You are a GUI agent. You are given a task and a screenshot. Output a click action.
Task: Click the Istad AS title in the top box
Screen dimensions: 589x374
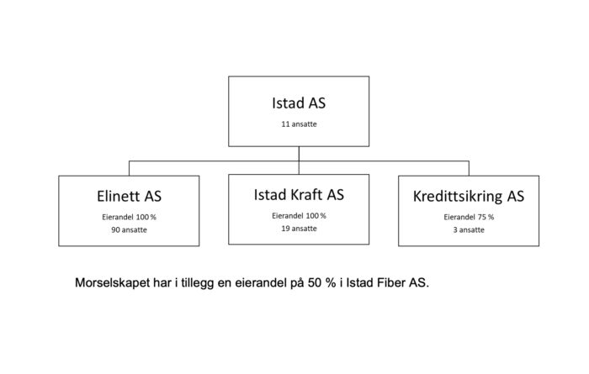[x=299, y=103]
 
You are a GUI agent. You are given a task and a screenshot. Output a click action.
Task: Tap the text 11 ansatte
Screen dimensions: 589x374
[x=299, y=124]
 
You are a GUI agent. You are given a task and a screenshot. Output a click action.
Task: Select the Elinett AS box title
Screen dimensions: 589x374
[x=129, y=196]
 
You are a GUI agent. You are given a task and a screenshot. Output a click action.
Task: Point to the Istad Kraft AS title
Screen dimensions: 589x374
[x=299, y=195]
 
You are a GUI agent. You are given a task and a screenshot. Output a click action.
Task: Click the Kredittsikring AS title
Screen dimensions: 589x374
[x=469, y=196]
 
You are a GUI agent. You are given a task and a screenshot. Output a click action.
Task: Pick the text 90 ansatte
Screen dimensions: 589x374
[x=129, y=230]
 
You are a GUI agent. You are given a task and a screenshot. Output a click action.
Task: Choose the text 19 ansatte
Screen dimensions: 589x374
[x=299, y=229]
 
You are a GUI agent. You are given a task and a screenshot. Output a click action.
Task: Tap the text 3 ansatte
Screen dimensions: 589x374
[x=469, y=230]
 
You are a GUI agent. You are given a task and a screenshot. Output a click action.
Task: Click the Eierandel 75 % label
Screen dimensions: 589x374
[x=469, y=217]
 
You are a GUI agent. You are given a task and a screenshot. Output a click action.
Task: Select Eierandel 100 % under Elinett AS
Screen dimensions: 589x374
[x=129, y=217]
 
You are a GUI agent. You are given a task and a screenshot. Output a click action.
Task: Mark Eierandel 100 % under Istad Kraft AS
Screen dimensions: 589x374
[x=299, y=216]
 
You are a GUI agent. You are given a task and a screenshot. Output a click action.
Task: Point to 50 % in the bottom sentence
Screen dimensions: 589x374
[x=322, y=283]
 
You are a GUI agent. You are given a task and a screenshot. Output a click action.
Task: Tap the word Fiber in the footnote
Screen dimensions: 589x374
[x=389, y=283]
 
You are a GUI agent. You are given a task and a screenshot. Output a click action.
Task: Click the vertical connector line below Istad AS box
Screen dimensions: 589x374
[x=299, y=161]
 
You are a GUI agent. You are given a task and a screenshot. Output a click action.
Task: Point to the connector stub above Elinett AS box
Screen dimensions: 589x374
[x=129, y=168]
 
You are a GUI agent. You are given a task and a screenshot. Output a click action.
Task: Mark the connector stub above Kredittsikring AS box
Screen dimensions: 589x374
[x=469, y=168]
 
